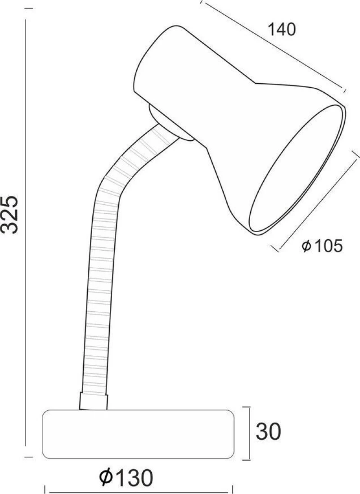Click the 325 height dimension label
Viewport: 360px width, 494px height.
coord(10,215)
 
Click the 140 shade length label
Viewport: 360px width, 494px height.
coord(282,30)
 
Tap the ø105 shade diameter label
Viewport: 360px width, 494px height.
coord(322,246)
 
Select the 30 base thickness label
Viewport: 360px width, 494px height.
coord(268,432)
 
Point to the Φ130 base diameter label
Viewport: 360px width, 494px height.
coord(126,477)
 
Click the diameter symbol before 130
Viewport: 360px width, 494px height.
coord(106,477)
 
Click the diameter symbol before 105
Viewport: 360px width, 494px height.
coord(306,246)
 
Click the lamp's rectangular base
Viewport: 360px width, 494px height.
coord(139,434)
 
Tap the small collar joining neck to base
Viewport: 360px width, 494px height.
coord(94,401)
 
